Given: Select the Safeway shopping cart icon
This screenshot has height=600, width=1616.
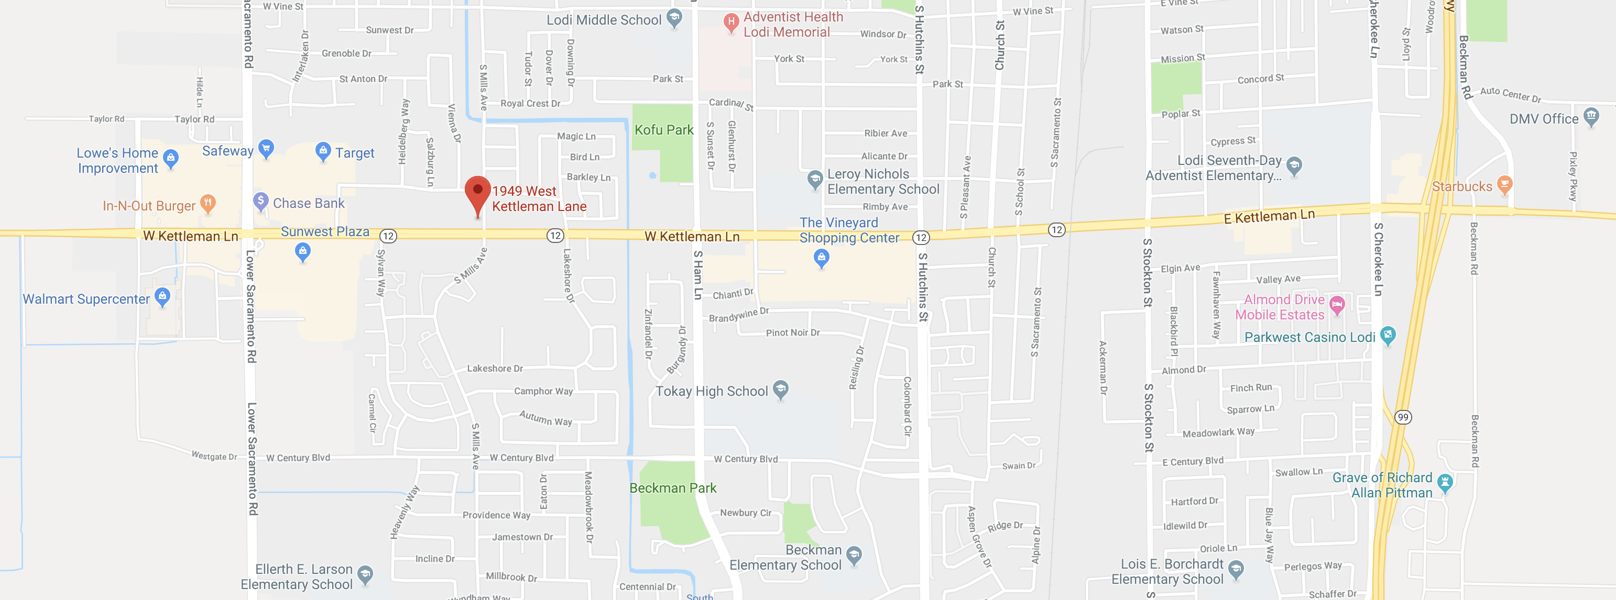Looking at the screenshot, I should tap(266, 149).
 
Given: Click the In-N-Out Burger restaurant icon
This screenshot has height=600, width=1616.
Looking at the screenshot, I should tap(208, 203).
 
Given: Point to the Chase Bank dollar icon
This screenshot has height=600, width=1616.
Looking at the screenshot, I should tap(261, 201).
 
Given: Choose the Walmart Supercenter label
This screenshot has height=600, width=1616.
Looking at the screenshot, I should tap(86, 299).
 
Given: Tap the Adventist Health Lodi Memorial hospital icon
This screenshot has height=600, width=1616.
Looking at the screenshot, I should tap(731, 23).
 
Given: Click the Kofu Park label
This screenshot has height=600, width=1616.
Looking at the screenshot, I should tap(664, 130).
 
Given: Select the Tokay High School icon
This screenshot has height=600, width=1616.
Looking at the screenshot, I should tap(780, 390).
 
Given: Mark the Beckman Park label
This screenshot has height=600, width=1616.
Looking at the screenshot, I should tap(672, 488).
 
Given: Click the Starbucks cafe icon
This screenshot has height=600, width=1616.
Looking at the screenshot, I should tap(1504, 184).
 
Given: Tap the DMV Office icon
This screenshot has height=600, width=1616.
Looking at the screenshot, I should tap(1591, 117).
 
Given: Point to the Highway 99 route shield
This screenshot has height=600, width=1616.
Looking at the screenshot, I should tap(1403, 417).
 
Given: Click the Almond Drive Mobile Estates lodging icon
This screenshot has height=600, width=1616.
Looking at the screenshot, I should tap(1337, 305).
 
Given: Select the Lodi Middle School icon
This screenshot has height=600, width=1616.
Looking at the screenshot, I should tap(674, 18).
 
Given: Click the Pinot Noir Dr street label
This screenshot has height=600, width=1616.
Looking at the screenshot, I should tap(792, 333).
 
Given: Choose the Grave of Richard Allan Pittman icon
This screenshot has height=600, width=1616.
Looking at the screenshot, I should tap(1445, 482).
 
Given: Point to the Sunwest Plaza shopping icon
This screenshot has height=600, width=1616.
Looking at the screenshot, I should tap(303, 252).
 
